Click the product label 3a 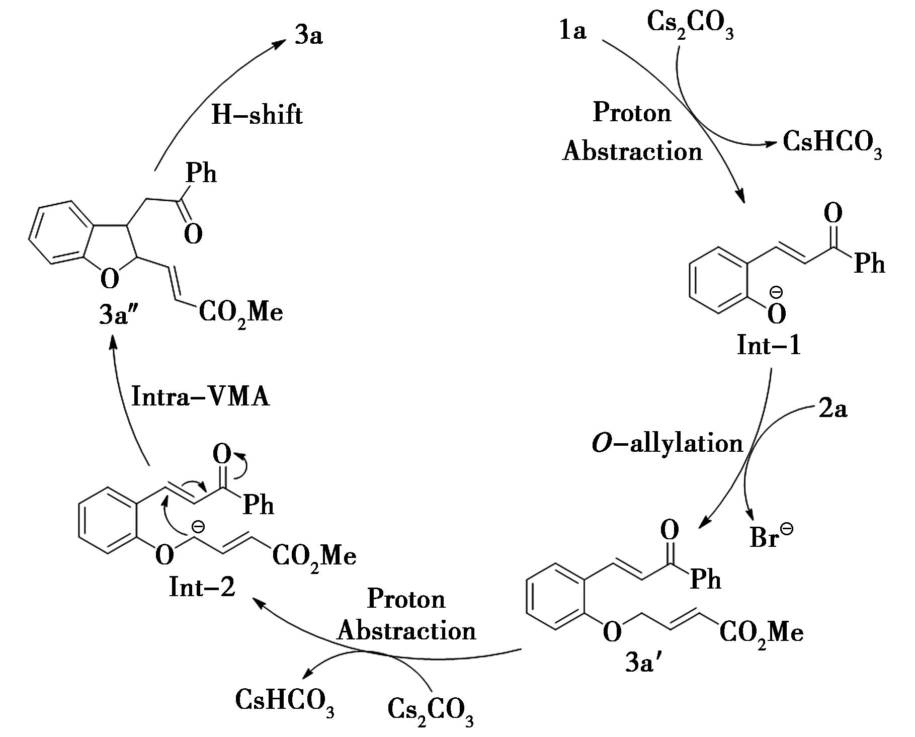pos(308,36)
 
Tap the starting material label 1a pos(572,31)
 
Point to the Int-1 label pos(768,346)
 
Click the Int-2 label pos(202,587)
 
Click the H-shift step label pos(257,115)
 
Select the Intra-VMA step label pos(200,396)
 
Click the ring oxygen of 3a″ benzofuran pos(109,278)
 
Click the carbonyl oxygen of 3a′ pos(669,530)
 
